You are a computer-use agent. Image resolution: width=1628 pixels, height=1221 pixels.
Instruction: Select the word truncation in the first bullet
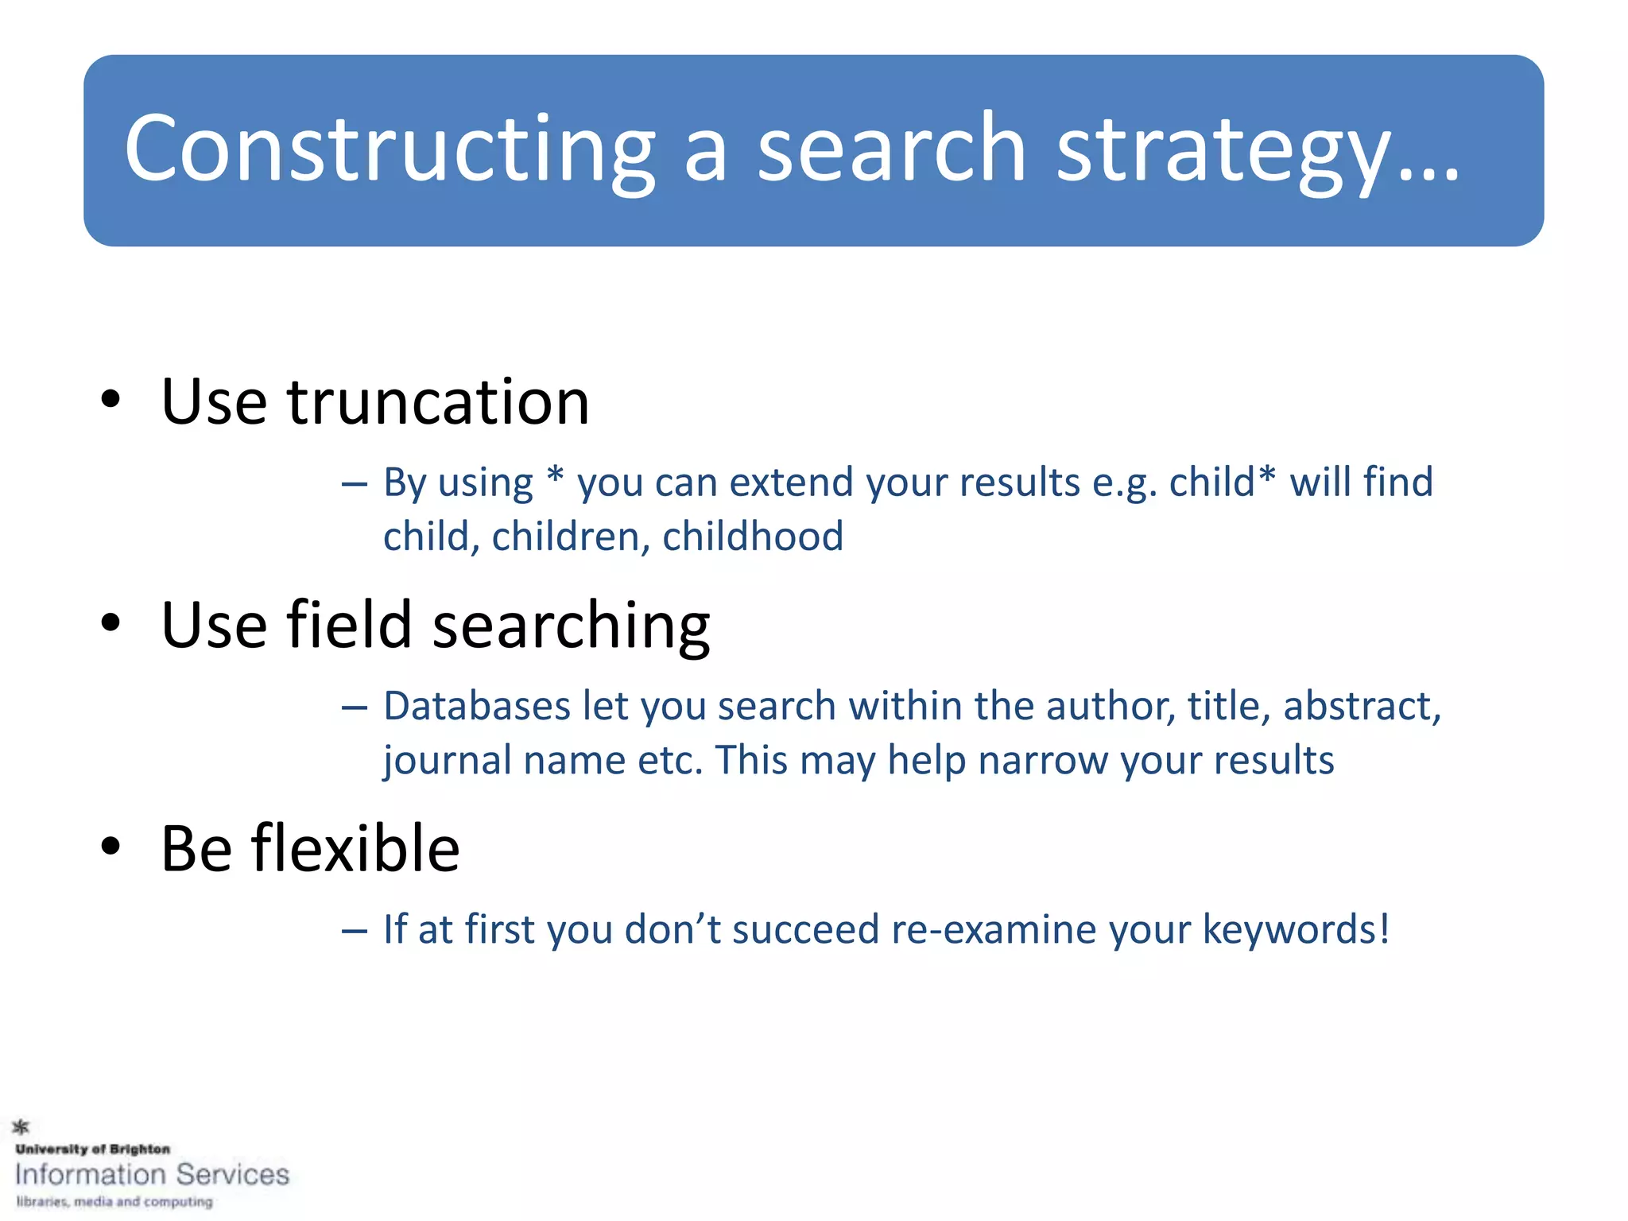coord(438,402)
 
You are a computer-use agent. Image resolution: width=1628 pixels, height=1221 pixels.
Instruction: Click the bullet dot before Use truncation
coord(110,399)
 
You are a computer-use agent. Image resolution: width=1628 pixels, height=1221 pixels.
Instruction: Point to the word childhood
coord(752,537)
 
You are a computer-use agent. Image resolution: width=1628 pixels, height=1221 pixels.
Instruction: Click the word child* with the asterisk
coord(1222,483)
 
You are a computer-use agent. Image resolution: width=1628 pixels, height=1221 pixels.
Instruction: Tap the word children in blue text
coord(571,537)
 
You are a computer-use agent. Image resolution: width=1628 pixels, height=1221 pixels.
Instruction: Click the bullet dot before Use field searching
coord(110,623)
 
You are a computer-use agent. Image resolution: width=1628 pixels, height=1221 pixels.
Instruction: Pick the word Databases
coord(477,706)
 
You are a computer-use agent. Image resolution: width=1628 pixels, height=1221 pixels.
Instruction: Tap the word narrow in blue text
coord(1042,761)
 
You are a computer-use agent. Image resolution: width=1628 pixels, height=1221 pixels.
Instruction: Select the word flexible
coord(355,849)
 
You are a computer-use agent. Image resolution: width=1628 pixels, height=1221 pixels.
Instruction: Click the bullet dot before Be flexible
coord(110,847)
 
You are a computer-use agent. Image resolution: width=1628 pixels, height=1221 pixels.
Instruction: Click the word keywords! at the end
coord(1296,929)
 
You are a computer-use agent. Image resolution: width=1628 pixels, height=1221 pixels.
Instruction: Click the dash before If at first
coord(355,930)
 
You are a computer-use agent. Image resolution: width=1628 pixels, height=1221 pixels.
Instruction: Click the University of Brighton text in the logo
coord(92,1149)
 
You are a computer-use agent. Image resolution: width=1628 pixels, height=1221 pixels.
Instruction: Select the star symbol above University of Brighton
coord(21,1126)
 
